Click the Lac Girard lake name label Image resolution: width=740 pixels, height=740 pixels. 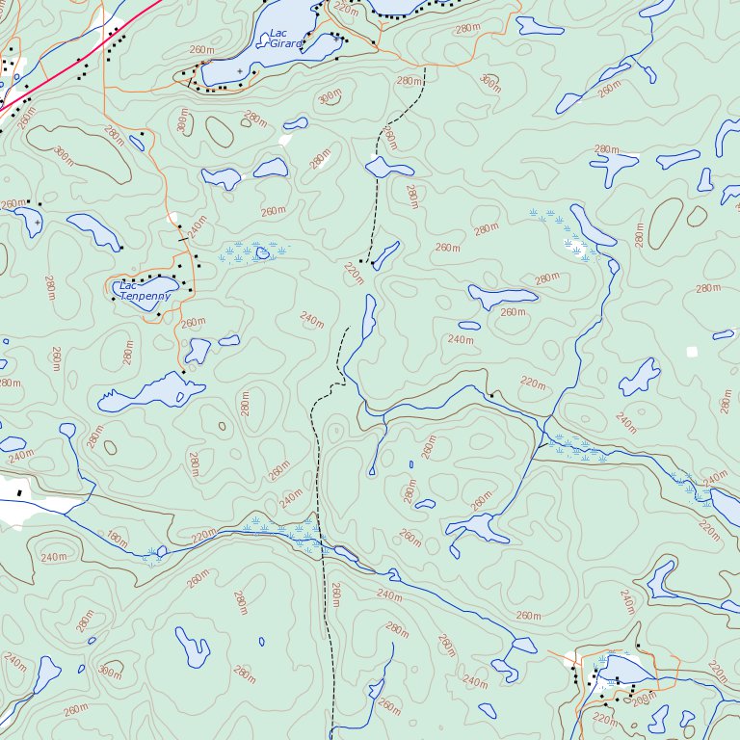(286, 39)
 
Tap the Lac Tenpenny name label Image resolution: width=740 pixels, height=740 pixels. (145, 291)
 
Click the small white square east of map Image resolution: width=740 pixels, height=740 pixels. (691, 352)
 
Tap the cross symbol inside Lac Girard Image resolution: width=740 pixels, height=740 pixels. (240, 71)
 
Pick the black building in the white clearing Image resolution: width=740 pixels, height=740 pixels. (19, 493)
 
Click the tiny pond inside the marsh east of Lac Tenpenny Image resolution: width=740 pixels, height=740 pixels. (261, 253)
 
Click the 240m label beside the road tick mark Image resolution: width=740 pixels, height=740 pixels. (198, 227)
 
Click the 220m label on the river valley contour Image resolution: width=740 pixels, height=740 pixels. (532, 383)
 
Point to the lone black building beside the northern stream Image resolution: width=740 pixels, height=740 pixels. (491, 394)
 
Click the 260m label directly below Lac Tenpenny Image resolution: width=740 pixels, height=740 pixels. (193, 323)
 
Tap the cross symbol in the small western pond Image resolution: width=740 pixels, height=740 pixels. (37, 223)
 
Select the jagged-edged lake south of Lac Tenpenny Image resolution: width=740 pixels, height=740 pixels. (154, 390)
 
